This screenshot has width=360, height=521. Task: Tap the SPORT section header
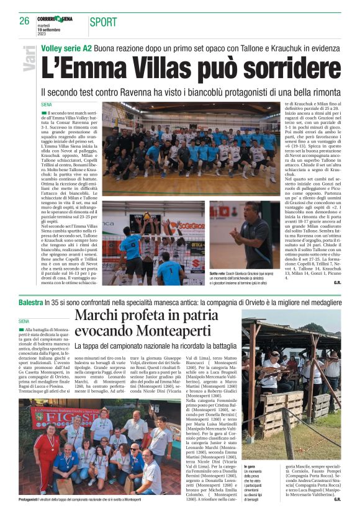[103, 22]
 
